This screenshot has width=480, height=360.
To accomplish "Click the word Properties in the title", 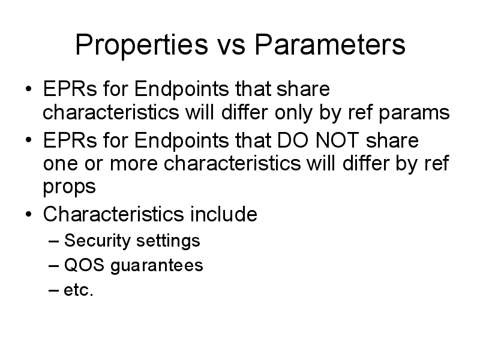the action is [x=142, y=45].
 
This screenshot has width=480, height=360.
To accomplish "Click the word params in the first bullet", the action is [x=414, y=113].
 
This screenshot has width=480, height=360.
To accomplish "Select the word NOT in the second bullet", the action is [x=337, y=140].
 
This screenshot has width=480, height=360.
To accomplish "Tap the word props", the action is [x=69, y=187].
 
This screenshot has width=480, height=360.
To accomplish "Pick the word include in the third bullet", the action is [x=223, y=214].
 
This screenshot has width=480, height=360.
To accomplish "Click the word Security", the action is [x=97, y=241].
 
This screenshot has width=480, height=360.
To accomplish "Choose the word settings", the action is [x=168, y=241].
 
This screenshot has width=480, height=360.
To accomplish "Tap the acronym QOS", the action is [x=84, y=265].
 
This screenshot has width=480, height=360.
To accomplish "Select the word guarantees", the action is [x=157, y=266].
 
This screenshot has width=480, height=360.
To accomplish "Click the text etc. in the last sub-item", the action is [x=79, y=290].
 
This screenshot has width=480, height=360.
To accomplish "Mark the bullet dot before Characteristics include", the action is [x=28, y=214].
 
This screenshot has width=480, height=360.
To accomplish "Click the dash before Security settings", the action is [x=53, y=241].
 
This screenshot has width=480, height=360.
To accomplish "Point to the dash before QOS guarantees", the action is [x=53, y=266].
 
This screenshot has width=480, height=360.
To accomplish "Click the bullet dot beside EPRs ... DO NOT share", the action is [x=28, y=140].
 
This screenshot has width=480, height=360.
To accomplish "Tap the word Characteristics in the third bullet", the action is [x=113, y=214].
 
